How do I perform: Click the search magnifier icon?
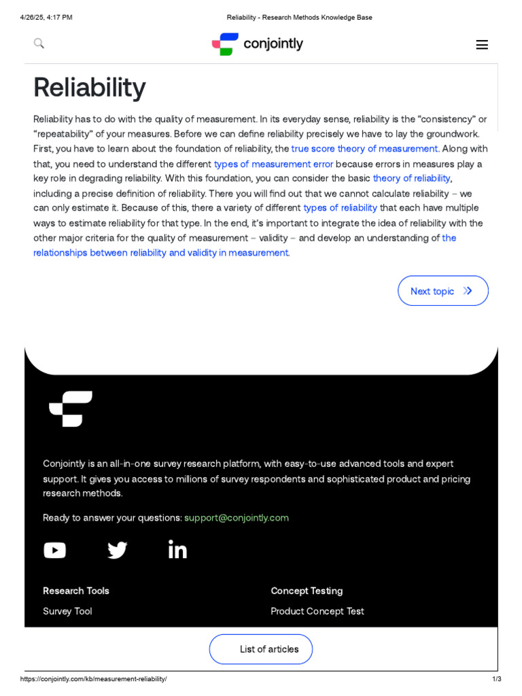coord(39,43)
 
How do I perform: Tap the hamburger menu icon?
coord(481,45)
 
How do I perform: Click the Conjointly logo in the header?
coord(258,44)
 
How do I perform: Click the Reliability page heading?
coord(89,87)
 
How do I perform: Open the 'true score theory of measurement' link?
coord(364,149)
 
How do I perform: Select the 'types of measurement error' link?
coord(273,164)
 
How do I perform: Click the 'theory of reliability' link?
coord(411,178)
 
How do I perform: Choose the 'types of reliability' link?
coord(340,208)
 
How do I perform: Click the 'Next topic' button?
coord(442,291)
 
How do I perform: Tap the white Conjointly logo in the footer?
coord(71,408)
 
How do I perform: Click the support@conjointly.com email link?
coord(237,518)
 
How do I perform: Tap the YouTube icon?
coord(55,550)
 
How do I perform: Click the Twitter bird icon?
coord(117,550)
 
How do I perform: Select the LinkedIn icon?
coord(177,549)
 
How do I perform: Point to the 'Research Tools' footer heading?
coord(76,591)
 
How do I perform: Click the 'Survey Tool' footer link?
coord(67,611)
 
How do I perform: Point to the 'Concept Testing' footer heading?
coord(307,591)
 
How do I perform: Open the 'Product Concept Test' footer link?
coord(317,611)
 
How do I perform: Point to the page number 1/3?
coord(496,679)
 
